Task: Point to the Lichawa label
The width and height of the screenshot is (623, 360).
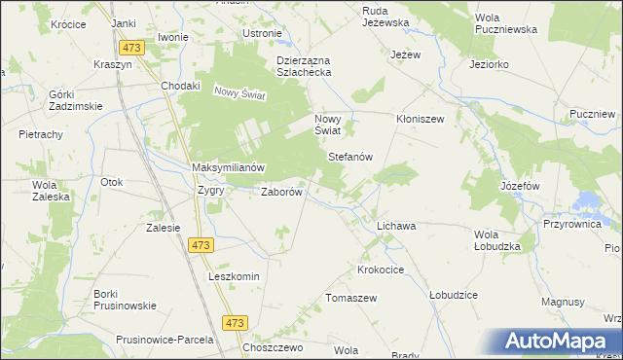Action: tap(396, 226)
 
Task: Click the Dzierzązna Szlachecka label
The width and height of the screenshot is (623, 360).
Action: tap(298, 65)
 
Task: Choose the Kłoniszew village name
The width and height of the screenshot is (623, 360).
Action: tap(420, 120)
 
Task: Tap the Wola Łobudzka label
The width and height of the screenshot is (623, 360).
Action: tap(497, 240)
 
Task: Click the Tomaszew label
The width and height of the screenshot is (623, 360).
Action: tap(350, 298)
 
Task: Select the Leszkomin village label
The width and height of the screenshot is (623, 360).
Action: tap(234, 276)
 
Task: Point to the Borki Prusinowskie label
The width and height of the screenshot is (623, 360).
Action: tap(125, 299)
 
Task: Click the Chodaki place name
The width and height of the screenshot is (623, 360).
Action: tap(181, 86)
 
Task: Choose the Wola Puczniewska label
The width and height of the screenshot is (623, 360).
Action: tap(505, 23)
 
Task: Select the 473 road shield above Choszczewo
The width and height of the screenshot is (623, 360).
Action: tap(235, 323)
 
